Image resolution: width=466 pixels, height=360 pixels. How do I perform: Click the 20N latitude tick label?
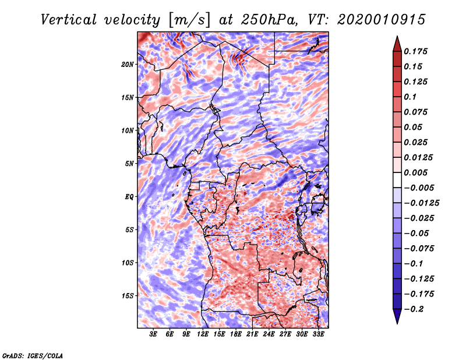[128, 64]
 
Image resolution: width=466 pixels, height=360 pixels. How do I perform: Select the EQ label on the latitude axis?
[129, 197]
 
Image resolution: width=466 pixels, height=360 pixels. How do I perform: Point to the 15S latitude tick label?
[128, 296]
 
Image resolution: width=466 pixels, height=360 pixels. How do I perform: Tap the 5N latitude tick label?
[129, 164]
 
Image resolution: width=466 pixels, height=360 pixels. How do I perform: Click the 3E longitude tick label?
[154, 334]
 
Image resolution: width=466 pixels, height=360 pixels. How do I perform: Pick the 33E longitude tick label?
[318, 334]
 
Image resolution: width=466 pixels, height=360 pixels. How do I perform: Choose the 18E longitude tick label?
[236, 334]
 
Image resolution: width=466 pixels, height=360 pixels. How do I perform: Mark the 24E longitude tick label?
[269, 334]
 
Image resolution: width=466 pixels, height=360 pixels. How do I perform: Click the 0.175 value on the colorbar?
[417, 51]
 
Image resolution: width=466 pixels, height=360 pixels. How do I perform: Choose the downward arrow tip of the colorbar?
[396, 322]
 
